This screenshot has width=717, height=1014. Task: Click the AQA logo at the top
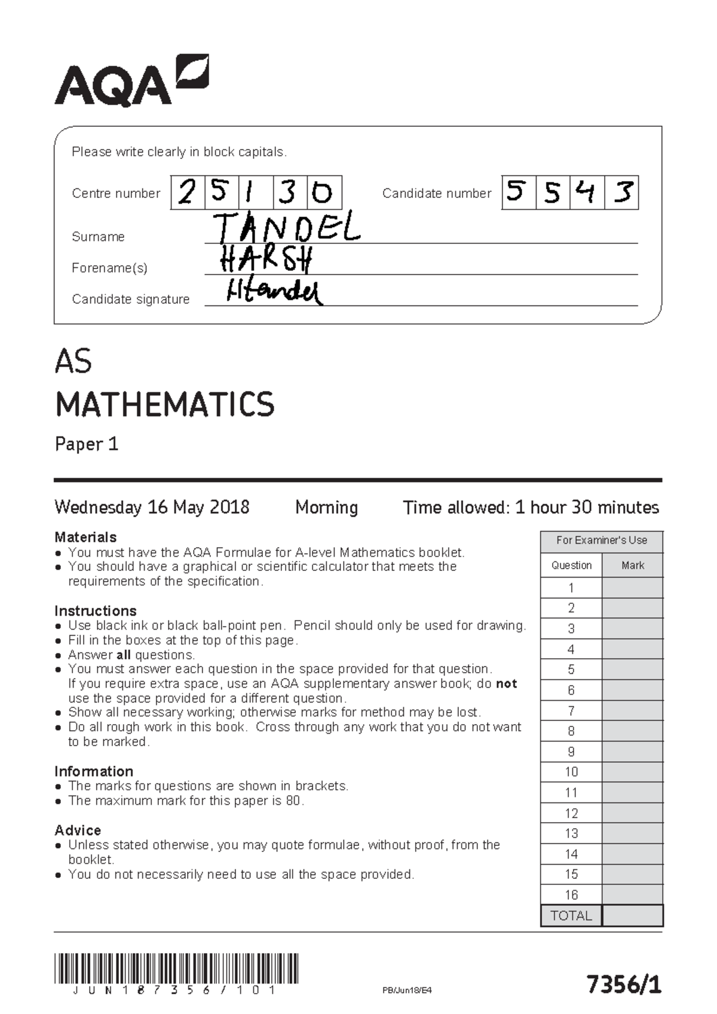[131, 82]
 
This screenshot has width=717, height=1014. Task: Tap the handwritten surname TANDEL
[287, 228]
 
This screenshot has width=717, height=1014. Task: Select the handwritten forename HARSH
[266, 259]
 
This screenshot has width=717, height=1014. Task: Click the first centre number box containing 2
[188, 193]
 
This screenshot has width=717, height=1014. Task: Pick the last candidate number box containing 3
[622, 193]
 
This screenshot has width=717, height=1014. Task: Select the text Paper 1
[87, 444]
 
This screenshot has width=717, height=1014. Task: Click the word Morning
[326, 508]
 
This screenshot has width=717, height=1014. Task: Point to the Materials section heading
[85, 537]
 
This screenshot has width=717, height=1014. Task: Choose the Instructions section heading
[96, 610]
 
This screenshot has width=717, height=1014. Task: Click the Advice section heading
[78, 830]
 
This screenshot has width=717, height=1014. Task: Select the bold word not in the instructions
[507, 683]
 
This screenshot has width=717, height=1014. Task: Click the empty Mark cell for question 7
[633, 710]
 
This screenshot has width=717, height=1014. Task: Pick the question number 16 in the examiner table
[571, 894]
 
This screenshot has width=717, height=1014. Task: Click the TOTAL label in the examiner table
[571, 915]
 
